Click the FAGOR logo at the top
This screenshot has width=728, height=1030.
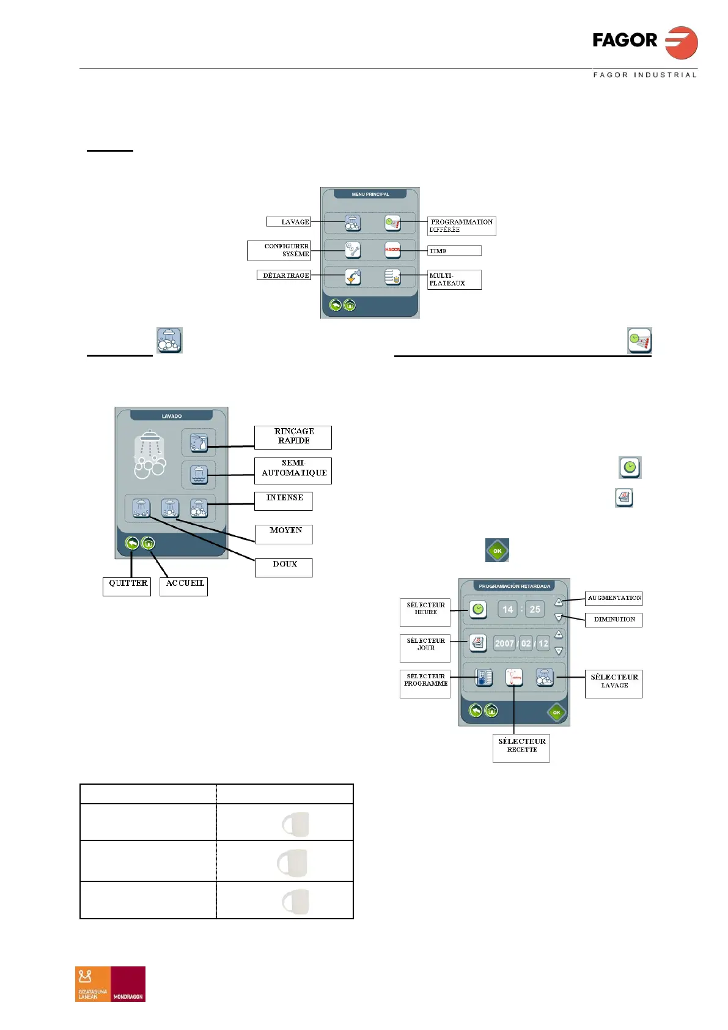(x=644, y=43)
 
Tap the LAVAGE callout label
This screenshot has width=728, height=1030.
(x=289, y=221)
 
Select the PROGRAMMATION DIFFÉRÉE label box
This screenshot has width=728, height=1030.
(x=461, y=226)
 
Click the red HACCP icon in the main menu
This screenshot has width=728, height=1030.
(x=392, y=250)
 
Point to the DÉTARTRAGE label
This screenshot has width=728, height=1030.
(x=284, y=275)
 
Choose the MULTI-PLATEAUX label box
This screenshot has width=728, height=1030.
(x=454, y=280)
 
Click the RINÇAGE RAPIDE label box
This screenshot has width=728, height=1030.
(x=293, y=437)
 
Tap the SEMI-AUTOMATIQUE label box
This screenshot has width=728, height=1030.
(x=293, y=470)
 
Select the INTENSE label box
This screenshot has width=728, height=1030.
(x=284, y=500)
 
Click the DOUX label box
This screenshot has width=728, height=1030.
(x=284, y=567)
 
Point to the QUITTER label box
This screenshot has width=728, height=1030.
(x=127, y=586)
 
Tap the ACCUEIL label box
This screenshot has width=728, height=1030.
(x=184, y=586)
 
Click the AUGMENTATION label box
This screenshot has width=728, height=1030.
(x=614, y=598)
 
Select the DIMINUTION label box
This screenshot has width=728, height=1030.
(x=614, y=620)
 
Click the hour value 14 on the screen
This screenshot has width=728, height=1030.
(x=507, y=609)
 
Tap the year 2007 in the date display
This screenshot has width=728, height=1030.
(x=504, y=643)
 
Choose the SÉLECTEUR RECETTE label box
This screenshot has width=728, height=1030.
(x=521, y=747)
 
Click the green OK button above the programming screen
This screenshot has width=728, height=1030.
(x=497, y=550)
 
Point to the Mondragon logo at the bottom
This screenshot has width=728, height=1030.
(x=110, y=984)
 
